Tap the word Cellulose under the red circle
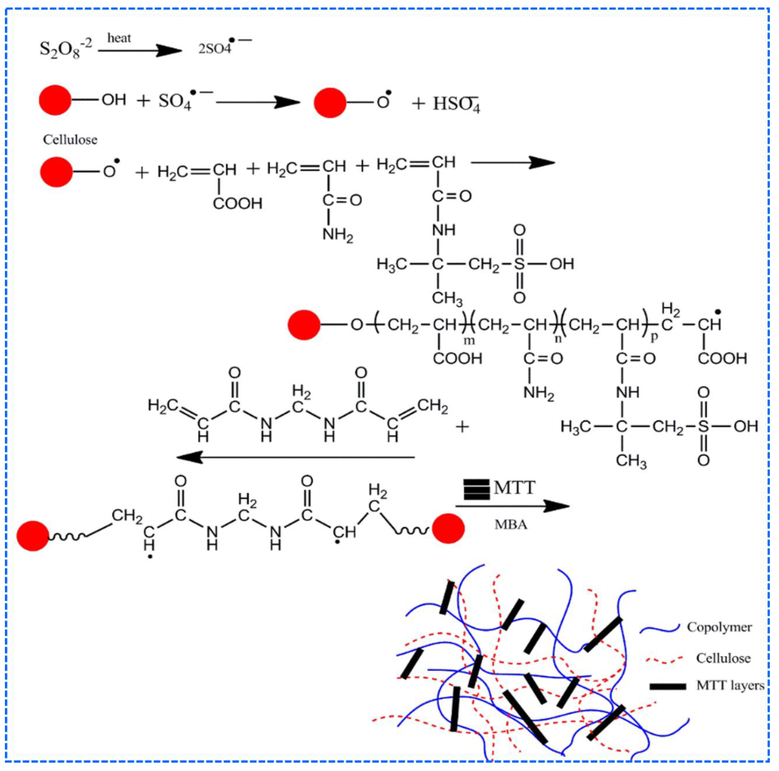pyautogui.click(x=70, y=140)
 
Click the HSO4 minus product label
pyautogui.click(x=457, y=104)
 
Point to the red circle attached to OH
pyautogui.click(x=55, y=100)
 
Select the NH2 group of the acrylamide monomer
pyautogui.click(x=337, y=235)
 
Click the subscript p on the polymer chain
pyautogui.click(x=654, y=337)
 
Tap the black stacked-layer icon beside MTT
pyautogui.click(x=477, y=489)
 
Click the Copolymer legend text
pyautogui.click(x=719, y=627)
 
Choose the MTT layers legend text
pyautogui.click(x=730, y=686)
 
